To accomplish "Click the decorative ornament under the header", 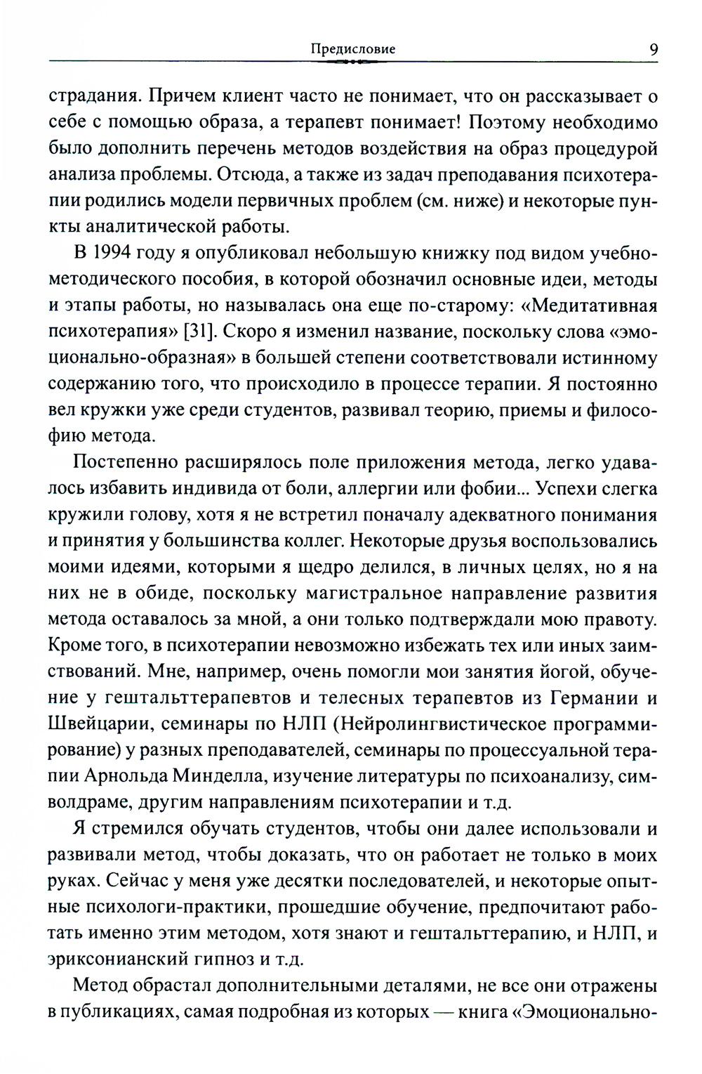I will (x=352, y=63).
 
